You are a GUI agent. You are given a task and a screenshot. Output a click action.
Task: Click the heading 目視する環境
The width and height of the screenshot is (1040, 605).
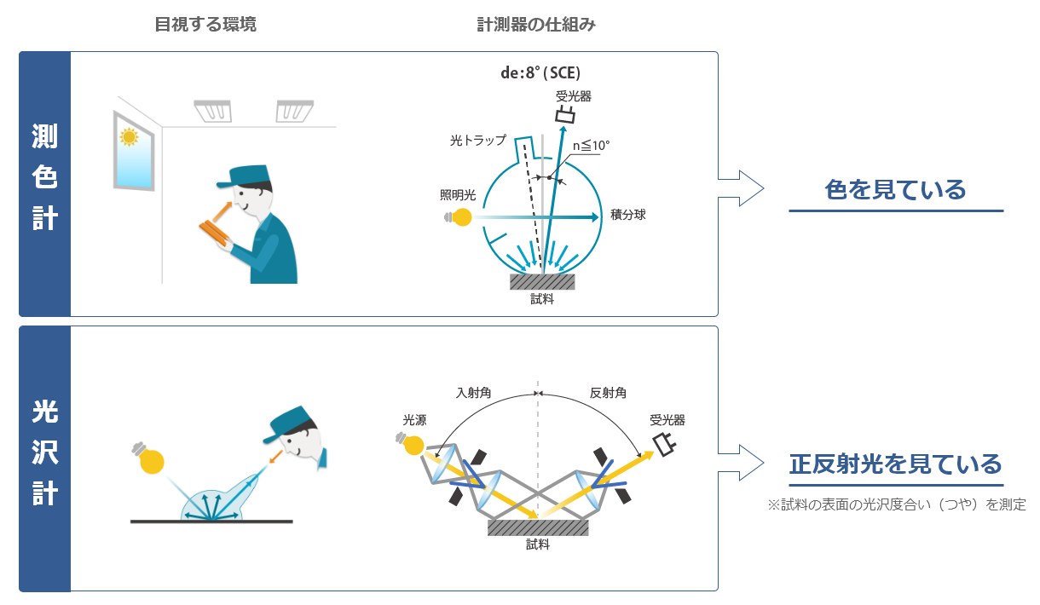(205, 25)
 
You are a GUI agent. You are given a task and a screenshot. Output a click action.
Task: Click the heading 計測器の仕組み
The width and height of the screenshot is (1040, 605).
(536, 25)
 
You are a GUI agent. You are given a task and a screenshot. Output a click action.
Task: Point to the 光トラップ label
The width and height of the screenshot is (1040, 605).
(478, 140)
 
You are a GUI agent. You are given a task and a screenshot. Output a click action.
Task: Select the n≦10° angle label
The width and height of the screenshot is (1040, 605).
(591, 146)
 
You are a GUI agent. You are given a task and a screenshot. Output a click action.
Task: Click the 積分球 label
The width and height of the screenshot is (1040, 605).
(628, 215)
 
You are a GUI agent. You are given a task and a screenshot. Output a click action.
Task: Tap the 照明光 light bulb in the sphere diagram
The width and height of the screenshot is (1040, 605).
(460, 217)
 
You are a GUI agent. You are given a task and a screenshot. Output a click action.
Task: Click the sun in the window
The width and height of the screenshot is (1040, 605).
(130, 135)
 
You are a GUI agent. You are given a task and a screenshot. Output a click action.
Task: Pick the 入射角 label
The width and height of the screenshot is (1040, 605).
(473, 393)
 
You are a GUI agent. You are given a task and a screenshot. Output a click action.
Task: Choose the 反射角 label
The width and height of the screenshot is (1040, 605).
(608, 393)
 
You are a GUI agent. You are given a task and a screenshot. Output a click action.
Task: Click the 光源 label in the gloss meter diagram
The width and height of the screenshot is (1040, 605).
(415, 420)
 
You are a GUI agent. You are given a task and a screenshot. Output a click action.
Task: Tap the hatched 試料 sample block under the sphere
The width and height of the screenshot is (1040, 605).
(542, 280)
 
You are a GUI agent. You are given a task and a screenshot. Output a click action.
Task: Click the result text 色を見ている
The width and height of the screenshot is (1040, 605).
(895, 189)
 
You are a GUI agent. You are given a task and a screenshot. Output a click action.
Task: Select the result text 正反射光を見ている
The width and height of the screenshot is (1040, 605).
(895, 464)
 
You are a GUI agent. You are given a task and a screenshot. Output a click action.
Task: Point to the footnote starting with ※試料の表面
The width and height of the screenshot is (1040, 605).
(896, 504)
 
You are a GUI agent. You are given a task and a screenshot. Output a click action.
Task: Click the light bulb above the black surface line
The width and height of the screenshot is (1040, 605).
(150, 458)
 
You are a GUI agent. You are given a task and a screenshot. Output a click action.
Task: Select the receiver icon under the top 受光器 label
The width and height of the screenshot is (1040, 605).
(564, 115)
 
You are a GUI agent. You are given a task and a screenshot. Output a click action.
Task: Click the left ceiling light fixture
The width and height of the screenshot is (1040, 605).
(213, 111)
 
